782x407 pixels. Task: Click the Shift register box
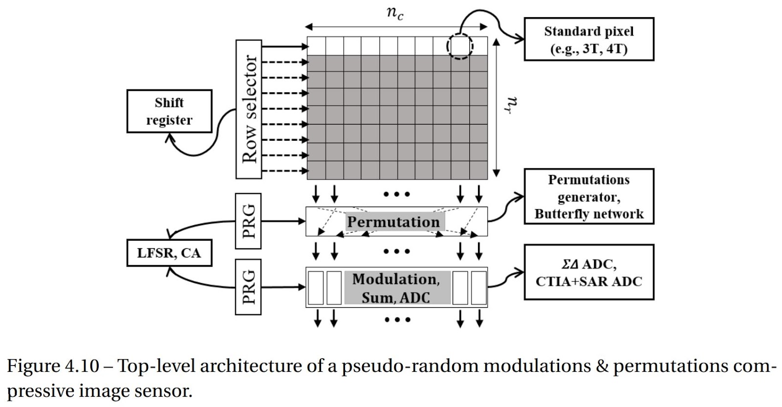[169, 111]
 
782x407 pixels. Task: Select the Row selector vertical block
[249, 109]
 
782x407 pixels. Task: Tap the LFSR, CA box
[169, 253]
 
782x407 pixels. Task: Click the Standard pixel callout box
[588, 40]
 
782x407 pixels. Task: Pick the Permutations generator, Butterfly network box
[588, 196]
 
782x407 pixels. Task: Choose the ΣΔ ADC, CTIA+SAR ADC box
[588, 273]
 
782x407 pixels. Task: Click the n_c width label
[395, 13]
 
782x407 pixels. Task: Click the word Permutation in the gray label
[393, 222]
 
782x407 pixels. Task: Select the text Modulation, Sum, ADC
[396, 288]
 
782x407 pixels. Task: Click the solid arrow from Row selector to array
[284, 47]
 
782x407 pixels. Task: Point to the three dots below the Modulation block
[397, 320]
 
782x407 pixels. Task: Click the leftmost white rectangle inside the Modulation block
[316, 288]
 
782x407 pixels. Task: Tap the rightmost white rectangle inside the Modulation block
[478, 288]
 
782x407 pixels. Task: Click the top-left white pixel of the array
[316, 46]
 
